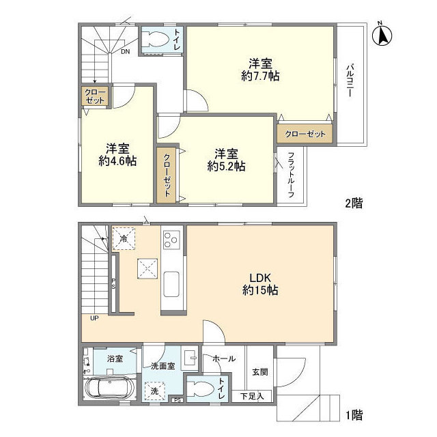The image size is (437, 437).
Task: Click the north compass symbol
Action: pyautogui.click(x=382, y=35)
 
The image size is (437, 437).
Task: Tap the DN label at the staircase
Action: pyautogui.click(x=125, y=52)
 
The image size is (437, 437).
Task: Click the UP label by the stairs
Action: pyautogui.click(x=94, y=318)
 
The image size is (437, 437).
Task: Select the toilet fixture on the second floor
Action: pyautogui.click(x=155, y=40)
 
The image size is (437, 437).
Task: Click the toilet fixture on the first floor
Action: pyautogui.click(x=199, y=389)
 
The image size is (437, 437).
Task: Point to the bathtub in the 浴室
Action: pyautogui.click(x=110, y=389)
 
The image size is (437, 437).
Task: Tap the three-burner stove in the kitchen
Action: pyautogui.click(x=171, y=240)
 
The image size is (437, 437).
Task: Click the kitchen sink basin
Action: pyautogui.click(x=171, y=284)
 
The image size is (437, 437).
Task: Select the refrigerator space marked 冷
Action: pyautogui.click(x=124, y=239)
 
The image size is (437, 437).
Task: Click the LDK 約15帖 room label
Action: pyautogui.click(x=260, y=284)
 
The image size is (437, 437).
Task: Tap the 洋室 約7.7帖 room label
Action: pyautogui.click(x=260, y=70)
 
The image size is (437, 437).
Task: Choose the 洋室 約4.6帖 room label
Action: pyautogui.click(x=117, y=155)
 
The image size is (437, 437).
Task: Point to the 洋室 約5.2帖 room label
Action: pyautogui.click(x=226, y=160)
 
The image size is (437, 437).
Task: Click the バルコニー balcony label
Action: pyautogui.click(x=350, y=81)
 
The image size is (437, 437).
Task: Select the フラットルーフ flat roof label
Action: pyautogui.click(x=291, y=175)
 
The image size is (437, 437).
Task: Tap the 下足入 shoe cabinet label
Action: pyautogui.click(x=252, y=396)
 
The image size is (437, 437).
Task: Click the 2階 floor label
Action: pyautogui.click(x=354, y=203)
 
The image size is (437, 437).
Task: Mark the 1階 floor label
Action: pyautogui.click(x=354, y=415)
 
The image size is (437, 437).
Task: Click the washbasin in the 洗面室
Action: pyautogui.click(x=188, y=358)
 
